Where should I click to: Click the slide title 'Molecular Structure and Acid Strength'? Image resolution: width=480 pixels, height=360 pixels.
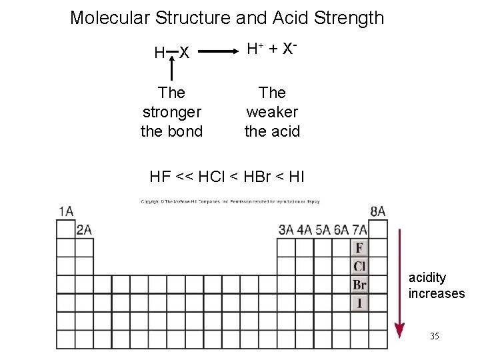click(227, 17)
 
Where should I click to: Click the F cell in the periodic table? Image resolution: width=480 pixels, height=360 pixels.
click(359, 248)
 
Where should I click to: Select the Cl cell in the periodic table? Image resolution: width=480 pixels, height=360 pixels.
click(359, 267)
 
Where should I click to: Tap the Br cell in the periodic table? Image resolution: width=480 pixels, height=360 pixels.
click(359, 285)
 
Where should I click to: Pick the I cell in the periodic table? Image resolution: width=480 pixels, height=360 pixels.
click(359, 303)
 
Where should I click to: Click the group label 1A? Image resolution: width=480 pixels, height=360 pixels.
click(66, 211)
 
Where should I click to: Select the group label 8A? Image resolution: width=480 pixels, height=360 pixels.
click(377, 211)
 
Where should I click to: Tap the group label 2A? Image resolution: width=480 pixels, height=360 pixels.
click(84, 230)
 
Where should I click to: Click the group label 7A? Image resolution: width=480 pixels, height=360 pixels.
click(359, 230)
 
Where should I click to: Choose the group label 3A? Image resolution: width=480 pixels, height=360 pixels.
click(286, 230)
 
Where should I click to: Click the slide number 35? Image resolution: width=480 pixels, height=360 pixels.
click(434, 336)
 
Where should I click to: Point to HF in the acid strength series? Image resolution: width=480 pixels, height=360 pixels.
click(160, 177)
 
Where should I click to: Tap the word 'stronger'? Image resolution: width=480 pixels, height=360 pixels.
click(172, 111)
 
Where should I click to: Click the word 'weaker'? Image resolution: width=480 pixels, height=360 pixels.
click(272, 111)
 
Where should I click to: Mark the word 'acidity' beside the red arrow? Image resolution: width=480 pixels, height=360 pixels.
click(427, 277)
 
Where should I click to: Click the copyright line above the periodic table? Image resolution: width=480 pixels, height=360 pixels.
click(230, 200)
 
